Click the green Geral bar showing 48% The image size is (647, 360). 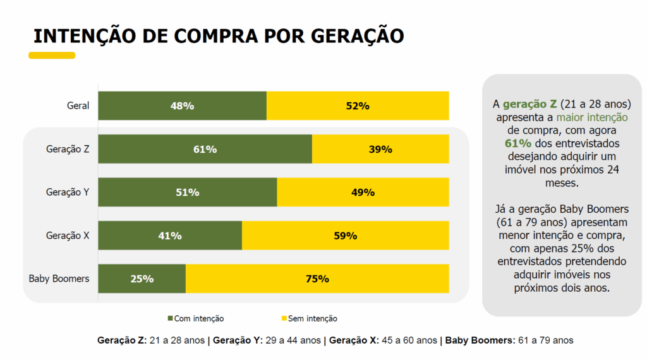coord(182,105)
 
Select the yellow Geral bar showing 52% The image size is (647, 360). coord(358,105)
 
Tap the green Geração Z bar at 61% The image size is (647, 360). coord(205,149)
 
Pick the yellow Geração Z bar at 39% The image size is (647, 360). coord(380,149)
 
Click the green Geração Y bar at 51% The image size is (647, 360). coord(187,192)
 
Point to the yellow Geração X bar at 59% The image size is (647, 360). coord(345,236)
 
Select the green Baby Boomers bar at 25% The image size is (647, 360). coord(142,279)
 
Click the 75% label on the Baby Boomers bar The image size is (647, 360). coord(317,279)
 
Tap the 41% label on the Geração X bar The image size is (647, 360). coord(170,236)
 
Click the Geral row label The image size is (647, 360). coord(78,106)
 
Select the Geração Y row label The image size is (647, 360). coord(68,192)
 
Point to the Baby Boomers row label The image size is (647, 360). coord(59,279)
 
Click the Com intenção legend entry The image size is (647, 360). coord(195,318)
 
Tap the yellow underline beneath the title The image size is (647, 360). coord(52,56)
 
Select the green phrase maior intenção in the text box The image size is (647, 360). coord(592,117)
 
